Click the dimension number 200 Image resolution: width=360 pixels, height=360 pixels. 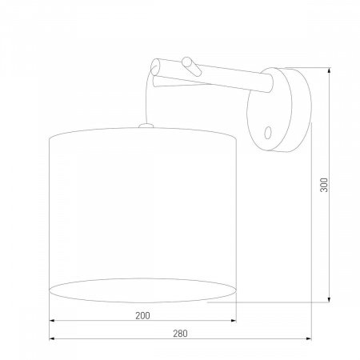142,316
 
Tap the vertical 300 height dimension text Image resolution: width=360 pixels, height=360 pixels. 324,184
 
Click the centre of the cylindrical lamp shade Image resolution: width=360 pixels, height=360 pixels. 144,212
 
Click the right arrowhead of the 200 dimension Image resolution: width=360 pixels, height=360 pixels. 235,322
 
